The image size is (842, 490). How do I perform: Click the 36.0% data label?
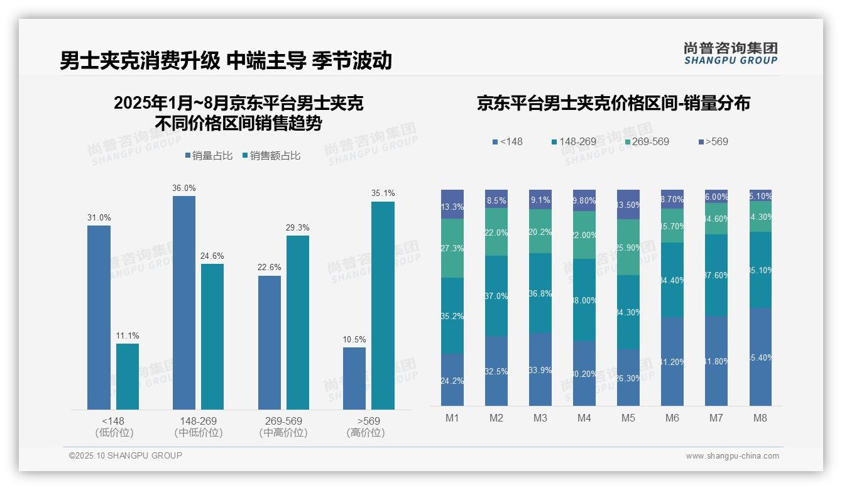pyautogui.click(x=184, y=188)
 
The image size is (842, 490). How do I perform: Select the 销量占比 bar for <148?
pyautogui.click(x=99, y=317)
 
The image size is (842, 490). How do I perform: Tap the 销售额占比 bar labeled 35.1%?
pyautogui.click(x=383, y=305)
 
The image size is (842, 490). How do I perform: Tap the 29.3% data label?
pyautogui.click(x=297, y=227)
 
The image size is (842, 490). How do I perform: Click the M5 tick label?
pyautogui.click(x=628, y=418)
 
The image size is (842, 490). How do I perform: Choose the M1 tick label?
pyautogui.click(x=452, y=418)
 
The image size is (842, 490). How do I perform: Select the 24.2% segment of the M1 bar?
pyautogui.click(x=452, y=380)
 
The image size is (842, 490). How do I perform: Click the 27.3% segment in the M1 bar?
pyautogui.click(x=452, y=248)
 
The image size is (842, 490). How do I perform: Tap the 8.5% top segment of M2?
pyautogui.click(x=496, y=199)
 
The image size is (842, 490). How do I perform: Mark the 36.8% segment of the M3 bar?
pyautogui.click(x=540, y=293)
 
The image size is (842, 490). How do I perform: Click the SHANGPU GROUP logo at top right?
pyautogui.click(x=730, y=53)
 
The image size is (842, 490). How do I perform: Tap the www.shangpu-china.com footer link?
pyautogui.click(x=732, y=456)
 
